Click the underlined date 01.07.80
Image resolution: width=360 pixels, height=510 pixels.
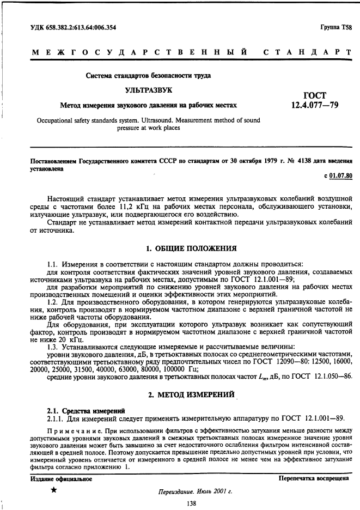coord(341,175)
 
